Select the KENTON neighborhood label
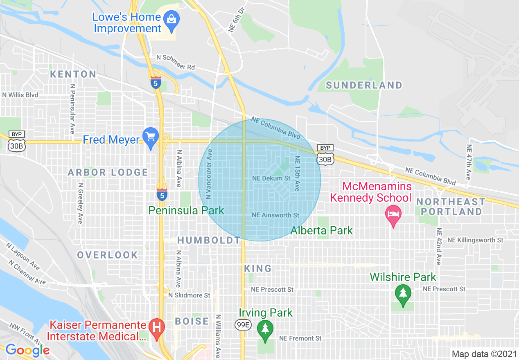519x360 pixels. point(73,74)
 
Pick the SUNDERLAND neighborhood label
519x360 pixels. point(364,85)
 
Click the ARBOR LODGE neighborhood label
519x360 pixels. point(108,172)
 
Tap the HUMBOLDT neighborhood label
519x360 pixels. point(209,240)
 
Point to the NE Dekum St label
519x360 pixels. point(271,178)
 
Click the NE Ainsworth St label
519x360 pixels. point(275,215)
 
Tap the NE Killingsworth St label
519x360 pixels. point(475,240)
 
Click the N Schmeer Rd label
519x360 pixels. point(176,62)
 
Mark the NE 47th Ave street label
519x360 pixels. point(469,162)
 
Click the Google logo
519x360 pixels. point(27,350)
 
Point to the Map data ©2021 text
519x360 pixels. point(483,354)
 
